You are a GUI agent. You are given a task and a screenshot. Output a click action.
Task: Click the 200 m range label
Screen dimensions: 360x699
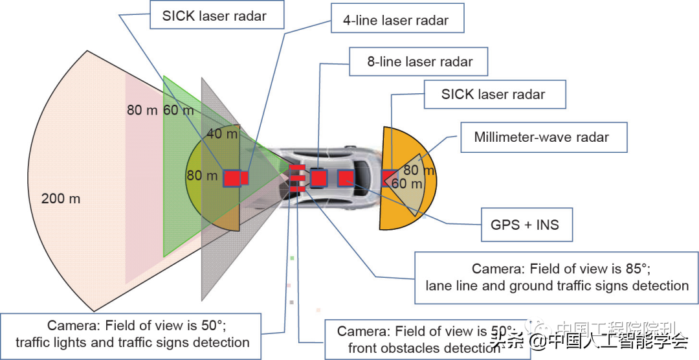61,198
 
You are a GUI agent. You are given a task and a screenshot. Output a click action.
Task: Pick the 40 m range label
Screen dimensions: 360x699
222,134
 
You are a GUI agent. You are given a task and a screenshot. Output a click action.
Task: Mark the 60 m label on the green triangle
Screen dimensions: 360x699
179,111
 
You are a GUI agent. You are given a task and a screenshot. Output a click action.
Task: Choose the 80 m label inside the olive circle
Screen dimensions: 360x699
203,175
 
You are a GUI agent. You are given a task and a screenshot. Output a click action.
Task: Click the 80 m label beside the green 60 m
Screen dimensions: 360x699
142,111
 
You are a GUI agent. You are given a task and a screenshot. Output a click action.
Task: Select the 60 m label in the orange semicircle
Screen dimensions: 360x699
407,184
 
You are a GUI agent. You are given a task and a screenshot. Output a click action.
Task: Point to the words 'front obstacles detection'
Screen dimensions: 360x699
424,348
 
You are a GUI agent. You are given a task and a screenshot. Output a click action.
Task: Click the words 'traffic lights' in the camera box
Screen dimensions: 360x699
54,343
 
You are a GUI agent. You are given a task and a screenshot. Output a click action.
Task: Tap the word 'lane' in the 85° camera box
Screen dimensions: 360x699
439,286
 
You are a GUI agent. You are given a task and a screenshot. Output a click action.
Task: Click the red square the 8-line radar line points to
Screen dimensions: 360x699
318,177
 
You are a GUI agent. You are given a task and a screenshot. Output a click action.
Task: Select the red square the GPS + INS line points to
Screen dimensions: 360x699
346,178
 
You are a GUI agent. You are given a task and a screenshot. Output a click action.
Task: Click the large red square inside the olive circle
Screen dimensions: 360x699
231,178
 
